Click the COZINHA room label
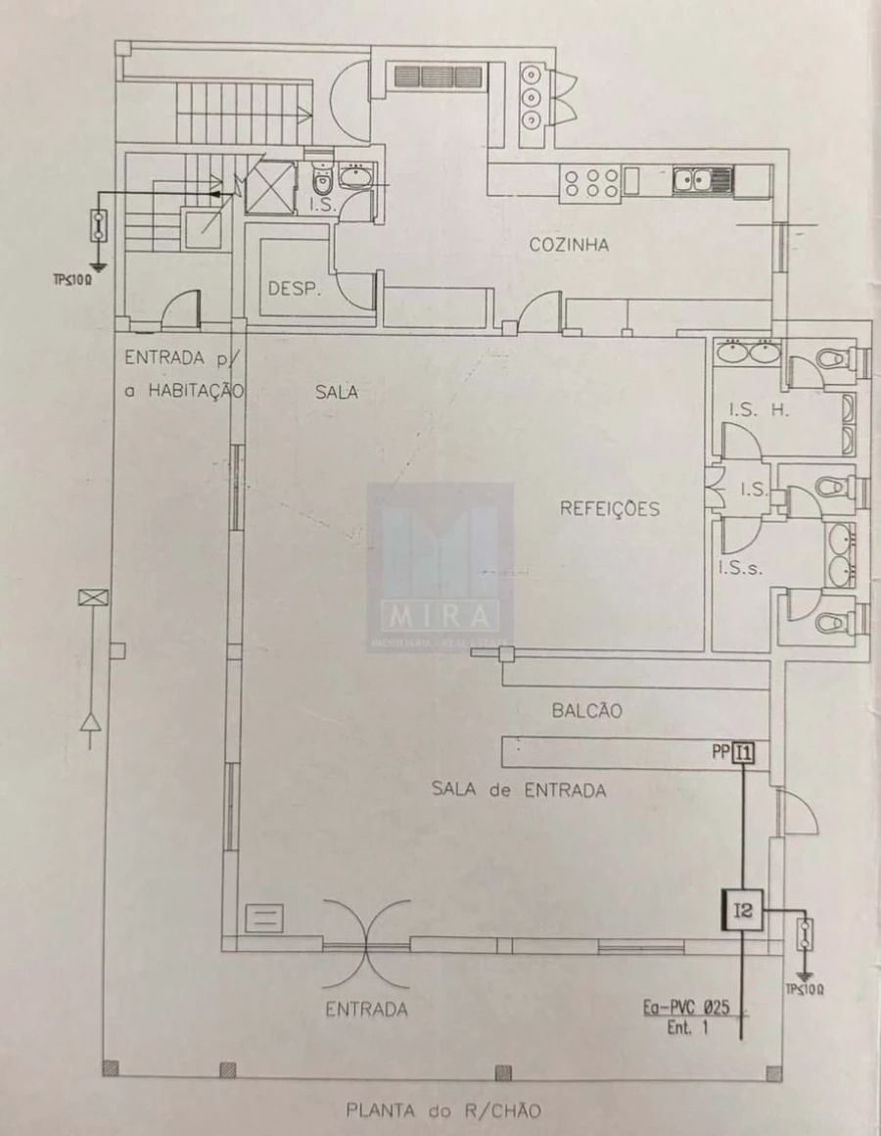(569, 245)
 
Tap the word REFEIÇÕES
(610, 509)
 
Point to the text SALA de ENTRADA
(519, 789)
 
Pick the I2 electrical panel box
(743, 911)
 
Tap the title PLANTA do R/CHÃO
(443, 1111)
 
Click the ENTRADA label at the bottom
(366, 1009)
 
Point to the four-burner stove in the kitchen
(589, 183)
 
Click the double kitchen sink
(702, 180)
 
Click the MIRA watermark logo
(440, 568)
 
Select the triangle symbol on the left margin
(92, 724)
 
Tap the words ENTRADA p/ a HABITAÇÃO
(182, 373)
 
